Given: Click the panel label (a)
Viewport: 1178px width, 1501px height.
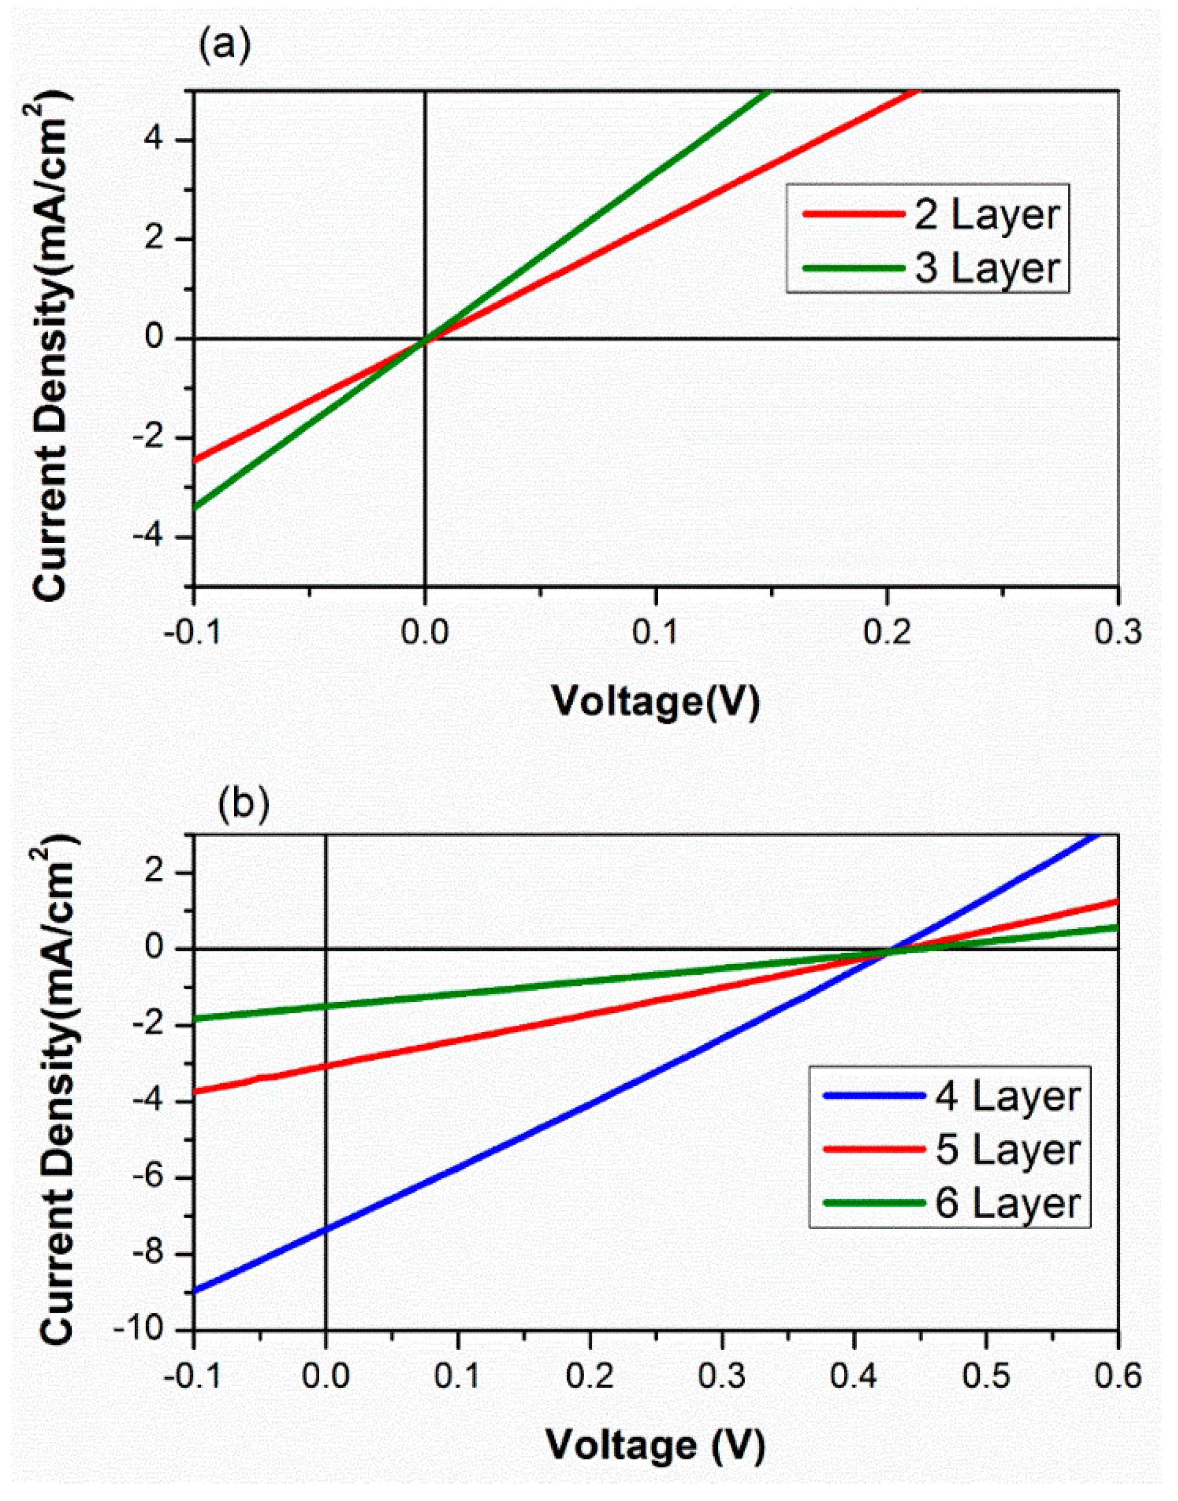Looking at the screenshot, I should point(224,47).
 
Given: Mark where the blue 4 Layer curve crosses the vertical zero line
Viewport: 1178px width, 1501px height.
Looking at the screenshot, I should point(326,1230).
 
